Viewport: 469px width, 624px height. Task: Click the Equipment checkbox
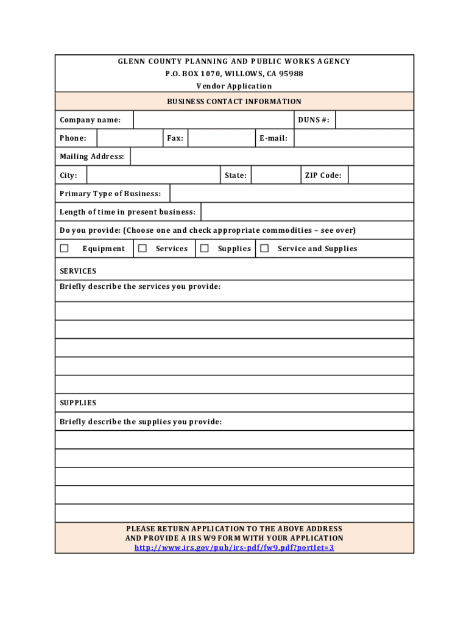[x=64, y=248]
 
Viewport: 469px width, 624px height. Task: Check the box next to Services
[x=143, y=248]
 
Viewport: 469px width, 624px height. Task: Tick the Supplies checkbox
[x=205, y=248]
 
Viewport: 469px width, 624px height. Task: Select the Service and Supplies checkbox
[x=264, y=248]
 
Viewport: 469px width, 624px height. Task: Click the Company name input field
[x=213, y=120]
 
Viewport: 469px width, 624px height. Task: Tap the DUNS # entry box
[x=374, y=120]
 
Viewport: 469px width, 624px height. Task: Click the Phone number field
[x=129, y=138]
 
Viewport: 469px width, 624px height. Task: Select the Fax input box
[x=220, y=138]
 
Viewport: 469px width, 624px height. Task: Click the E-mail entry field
[x=353, y=138]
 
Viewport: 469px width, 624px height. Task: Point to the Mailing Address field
[x=272, y=157]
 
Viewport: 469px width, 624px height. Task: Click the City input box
[x=153, y=175]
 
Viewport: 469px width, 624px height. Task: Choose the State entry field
[x=275, y=175]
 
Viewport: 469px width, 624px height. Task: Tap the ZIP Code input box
[x=381, y=175]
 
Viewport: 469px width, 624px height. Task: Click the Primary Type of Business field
[x=292, y=194]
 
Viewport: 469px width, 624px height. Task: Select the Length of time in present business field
[x=307, y=212]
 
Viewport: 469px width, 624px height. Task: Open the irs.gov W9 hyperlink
[x=234, y=548]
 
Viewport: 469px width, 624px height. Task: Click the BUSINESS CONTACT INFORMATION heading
[x=234, y=102]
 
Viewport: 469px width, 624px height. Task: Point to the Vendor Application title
[x=234, y=86]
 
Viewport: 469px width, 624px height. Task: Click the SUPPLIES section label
[x=78, y=403]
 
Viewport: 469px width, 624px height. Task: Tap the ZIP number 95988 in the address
[x=291, y=74]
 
